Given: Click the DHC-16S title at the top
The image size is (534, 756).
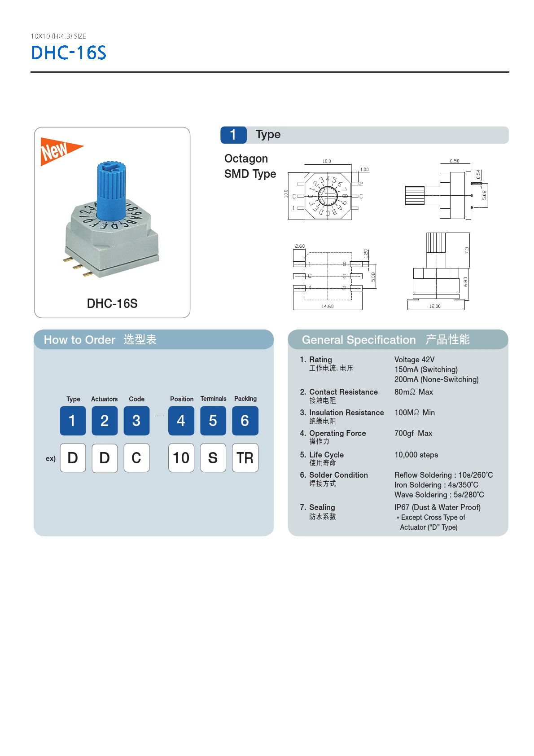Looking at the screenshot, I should point(69,53).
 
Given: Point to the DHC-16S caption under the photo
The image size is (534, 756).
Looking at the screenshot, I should point(112,303).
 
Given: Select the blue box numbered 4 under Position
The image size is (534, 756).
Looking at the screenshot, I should point(181,421).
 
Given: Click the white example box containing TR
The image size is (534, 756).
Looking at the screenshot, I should point(245,458).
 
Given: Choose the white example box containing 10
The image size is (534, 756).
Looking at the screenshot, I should point(181,458).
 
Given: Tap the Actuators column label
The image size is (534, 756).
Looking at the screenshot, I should point(104,399).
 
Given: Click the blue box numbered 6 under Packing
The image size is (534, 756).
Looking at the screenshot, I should point(245,421).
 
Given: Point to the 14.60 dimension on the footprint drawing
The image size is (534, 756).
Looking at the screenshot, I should point(327,306).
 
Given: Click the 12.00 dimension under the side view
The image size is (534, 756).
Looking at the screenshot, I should point(434,306).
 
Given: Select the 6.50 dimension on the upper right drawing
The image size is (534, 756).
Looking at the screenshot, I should point(454,161).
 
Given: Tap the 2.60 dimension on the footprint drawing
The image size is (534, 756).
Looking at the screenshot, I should point(299,246).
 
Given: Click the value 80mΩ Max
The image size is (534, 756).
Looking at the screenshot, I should point(413,392).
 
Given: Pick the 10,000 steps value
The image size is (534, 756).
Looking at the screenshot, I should point(416,455).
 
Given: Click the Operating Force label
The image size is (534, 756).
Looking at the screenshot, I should point(337,433).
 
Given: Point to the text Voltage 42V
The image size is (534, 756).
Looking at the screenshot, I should point(414,360).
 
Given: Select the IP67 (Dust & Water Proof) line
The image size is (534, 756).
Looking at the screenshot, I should point(437,507).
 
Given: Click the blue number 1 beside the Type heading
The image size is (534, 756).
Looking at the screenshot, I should point(233,135).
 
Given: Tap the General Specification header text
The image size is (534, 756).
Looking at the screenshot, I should point(359,340).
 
